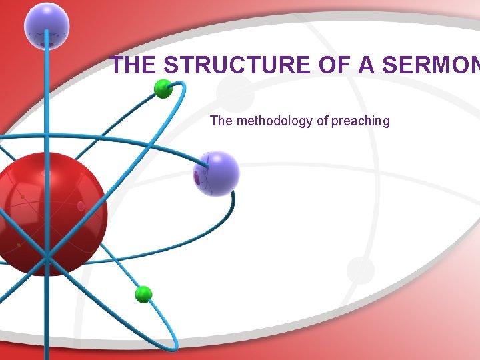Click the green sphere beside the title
(163, 89)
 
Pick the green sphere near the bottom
(143, 294)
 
